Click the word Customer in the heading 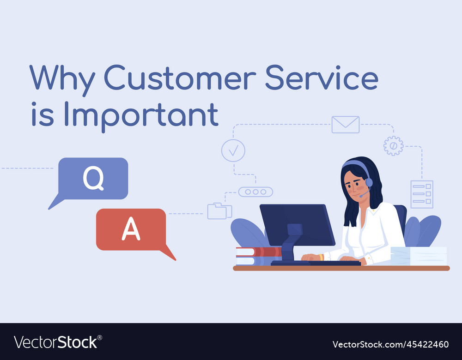coord(180,78)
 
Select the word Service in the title coord(322,78)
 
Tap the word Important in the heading coord(141,115)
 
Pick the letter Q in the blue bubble coord(93,178)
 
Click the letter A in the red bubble coord(131,229)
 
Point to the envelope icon coord(345,125)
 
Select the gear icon coord(393,146)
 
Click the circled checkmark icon coord(233,150)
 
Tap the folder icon coord(219,211)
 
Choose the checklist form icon coord(422,194)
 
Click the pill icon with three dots coord(255,192)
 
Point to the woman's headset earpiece coord(369,182)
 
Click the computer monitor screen coord(297,225)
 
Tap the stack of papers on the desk coord(419,256)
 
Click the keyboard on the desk coord(316,263)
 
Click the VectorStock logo coord(58,342)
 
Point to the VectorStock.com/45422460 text coord(390,344)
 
